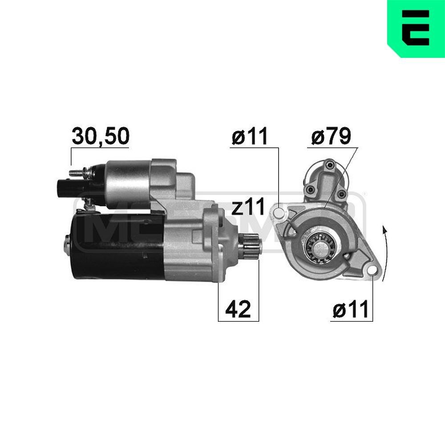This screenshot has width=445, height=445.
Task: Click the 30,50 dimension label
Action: tap(101, 137)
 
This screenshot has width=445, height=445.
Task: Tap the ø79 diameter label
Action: tap(331, 137)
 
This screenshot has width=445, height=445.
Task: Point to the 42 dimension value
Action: tap(238, 309)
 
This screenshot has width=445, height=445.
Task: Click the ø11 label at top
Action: tap(250, 137)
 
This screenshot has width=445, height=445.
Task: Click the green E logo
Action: tap(416, 28)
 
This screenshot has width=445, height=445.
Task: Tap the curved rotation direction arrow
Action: tap(385, 254)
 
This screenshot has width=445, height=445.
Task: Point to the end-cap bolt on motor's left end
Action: tap(67, 243)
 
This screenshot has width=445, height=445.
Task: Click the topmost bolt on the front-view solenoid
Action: tap(329, 166)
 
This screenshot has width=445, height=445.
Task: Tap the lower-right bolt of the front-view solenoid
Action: tap(340, 194)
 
